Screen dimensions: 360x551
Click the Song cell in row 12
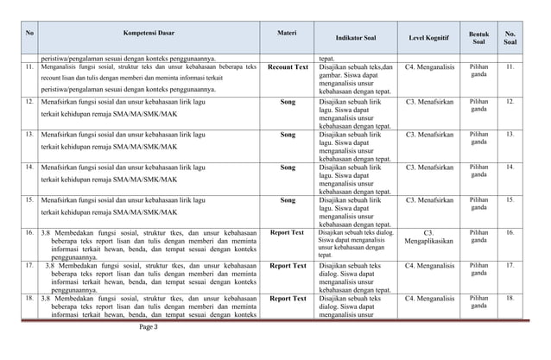tap(288, 101)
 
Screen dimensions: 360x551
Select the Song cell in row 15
tap(288, 199)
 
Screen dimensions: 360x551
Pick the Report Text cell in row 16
tap(288, 232)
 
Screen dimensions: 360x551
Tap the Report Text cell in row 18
tap(288, 298)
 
